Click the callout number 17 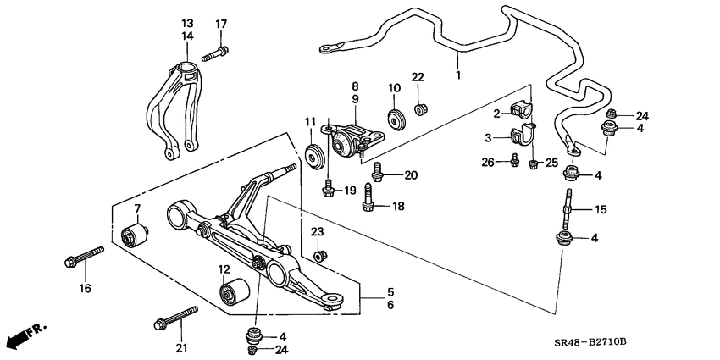coord(221,23)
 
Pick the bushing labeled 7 coord(136,232)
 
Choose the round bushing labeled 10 coord(394,119)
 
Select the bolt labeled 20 coord(379,174)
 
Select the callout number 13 coord(187,23)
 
